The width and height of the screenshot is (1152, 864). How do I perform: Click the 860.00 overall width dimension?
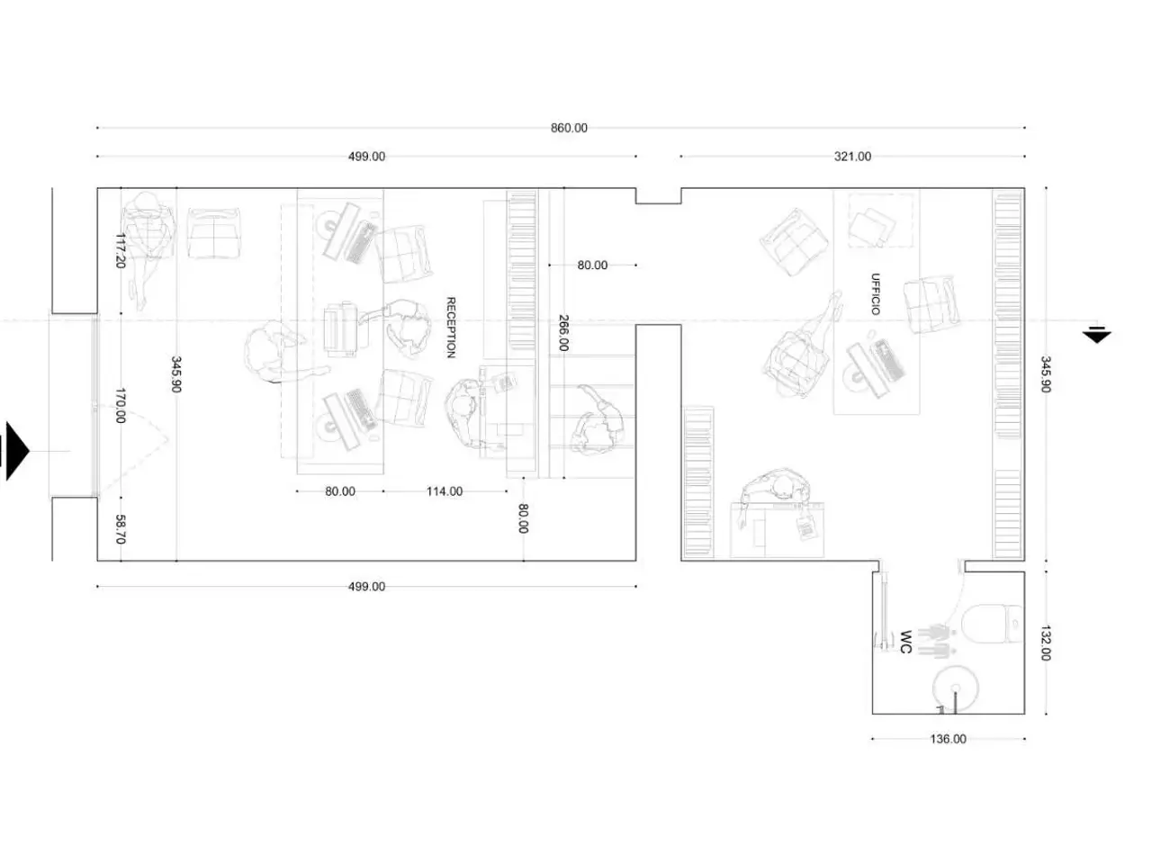(569, 128)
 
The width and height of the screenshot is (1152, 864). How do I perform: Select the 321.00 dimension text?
(851, 157)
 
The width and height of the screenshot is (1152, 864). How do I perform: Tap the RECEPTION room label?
(450, 328)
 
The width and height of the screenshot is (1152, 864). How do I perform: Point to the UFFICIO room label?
(875, 293)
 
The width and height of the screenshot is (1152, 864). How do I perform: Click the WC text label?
(904, 642)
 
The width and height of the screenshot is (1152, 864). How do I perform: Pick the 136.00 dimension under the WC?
(948, 739)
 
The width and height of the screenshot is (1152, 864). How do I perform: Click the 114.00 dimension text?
(444, 491)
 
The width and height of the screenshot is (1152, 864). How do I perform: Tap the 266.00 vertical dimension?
(562, 333)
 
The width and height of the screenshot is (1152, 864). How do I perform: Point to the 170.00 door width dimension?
(120, 405)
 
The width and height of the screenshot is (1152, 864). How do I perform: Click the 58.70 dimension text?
(120, 529)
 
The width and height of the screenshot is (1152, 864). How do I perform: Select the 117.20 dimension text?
(120, 250)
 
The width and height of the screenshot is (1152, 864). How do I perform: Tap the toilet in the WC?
(993, 624)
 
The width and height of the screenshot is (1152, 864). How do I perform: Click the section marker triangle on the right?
(1096, 335)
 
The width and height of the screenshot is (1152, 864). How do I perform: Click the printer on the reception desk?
(340, 328)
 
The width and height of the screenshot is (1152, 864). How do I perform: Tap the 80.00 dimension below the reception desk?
(339, 491)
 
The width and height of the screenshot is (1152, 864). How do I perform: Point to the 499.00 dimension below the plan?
(366, 587)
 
